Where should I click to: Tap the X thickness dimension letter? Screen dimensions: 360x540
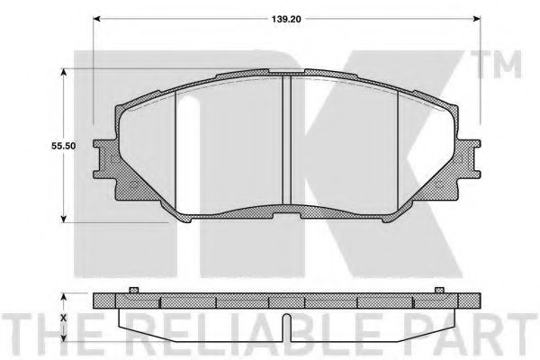(x=64, y=317)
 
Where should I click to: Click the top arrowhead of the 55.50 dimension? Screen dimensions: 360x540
(x=64, y=76)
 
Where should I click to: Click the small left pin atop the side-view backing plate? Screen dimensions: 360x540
(x=132, y=289)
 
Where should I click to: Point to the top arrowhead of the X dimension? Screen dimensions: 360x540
(x=64, y=296)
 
